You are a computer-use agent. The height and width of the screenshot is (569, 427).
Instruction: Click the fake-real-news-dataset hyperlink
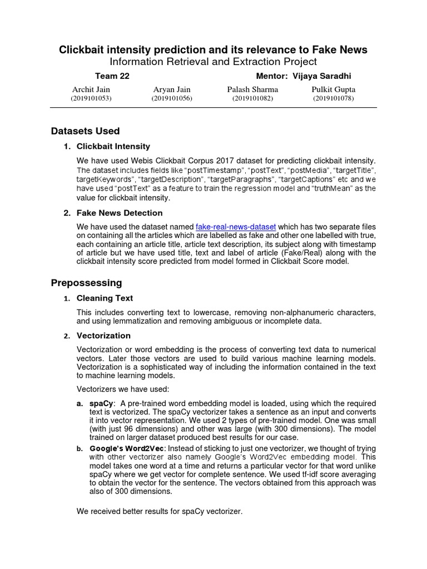click(236, 227)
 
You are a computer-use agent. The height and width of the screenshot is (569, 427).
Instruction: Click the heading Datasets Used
click(85, 131)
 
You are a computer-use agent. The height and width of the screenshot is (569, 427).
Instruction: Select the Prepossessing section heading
click(86, 283)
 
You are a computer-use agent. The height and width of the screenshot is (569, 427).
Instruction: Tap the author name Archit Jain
click(91, 89)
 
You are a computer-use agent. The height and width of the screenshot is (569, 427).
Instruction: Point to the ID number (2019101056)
click(172, 98)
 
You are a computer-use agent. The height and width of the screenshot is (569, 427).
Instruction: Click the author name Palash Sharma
click(252, 89)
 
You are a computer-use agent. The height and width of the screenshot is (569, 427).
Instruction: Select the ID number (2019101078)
click(333, 98)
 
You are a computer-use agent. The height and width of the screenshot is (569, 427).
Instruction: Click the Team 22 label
click(112, 76)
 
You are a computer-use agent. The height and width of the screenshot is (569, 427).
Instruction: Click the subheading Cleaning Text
click(105, 298)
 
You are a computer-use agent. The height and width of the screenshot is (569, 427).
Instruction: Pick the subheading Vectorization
click(103, 336)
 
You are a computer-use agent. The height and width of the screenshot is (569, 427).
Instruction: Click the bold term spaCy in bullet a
click(101, 403)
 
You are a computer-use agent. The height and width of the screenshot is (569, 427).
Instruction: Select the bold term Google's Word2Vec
click(127, 448)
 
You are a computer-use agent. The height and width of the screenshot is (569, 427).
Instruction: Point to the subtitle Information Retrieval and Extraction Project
click(213, 62)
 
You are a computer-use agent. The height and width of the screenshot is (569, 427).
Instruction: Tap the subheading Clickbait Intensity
click(113, 146)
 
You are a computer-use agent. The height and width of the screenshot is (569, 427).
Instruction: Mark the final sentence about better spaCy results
click(160, 511)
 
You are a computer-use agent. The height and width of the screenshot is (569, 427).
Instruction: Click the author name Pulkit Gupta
click(334, 89)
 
